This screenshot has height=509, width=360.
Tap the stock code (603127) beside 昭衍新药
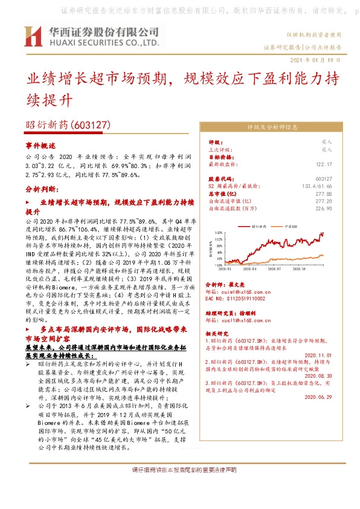pos(91,125)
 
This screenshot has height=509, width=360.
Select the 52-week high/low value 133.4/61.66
pos(317,186)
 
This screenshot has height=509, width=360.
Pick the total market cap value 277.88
pos(324,193)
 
